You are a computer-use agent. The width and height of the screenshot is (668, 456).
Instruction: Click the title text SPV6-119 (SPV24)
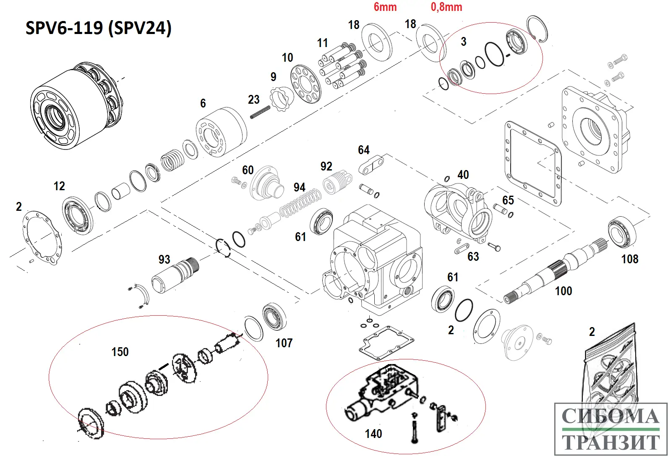point(99,28)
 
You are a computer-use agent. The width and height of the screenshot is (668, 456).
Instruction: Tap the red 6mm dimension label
point(385,7)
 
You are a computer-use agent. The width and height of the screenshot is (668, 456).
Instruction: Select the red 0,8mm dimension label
point(446,7)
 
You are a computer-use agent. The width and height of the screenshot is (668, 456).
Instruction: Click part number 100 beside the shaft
point(563,291)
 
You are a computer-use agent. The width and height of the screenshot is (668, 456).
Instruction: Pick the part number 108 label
point(629,259)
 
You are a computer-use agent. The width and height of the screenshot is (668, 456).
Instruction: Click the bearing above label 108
point(622,231)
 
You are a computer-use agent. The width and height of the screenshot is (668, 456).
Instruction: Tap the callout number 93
point(164,259)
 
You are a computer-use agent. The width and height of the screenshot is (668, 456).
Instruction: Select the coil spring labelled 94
point(300,204)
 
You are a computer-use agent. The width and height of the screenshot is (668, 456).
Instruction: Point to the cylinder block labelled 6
point(222,132)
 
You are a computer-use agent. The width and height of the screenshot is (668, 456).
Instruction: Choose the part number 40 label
point(463,175)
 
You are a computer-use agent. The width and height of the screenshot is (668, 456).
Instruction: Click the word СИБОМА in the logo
point(610,417)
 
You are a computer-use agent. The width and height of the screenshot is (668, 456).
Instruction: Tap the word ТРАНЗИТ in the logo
point(610,442)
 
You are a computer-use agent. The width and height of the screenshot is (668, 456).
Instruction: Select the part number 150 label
point(120,352)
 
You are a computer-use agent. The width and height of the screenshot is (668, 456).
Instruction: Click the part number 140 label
point(373,434)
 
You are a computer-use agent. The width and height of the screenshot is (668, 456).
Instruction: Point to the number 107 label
point(284,343)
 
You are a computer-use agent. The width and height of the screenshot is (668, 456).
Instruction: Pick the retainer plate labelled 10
point(305,82)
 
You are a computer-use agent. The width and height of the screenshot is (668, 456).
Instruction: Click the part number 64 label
point(363,150)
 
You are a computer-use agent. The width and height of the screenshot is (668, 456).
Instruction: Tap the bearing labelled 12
point(78,215)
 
